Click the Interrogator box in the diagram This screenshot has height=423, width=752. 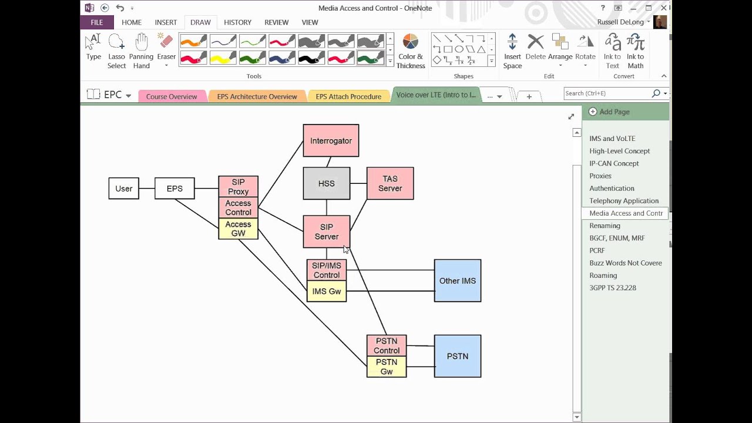point(331,140)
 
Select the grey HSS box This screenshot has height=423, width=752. point(326,183)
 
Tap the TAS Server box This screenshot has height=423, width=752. point(390,183)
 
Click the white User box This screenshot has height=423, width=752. point(123,189)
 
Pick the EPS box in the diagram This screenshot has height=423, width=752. point(174,189)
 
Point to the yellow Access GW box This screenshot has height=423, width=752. point(238,229)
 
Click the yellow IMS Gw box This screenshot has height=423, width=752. point(326,291)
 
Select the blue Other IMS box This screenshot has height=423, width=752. point(458,281)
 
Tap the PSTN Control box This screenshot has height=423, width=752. point(387,345)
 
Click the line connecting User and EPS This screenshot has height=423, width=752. point(147,189)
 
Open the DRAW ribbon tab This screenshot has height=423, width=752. point(200,22)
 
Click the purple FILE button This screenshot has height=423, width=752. point(97,22)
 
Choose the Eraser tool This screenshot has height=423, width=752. point(166,51)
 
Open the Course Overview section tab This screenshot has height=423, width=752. point(172,97)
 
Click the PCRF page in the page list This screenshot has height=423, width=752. point(597,250)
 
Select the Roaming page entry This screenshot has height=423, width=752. point(603,276)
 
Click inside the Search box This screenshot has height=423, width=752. point(607,93)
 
